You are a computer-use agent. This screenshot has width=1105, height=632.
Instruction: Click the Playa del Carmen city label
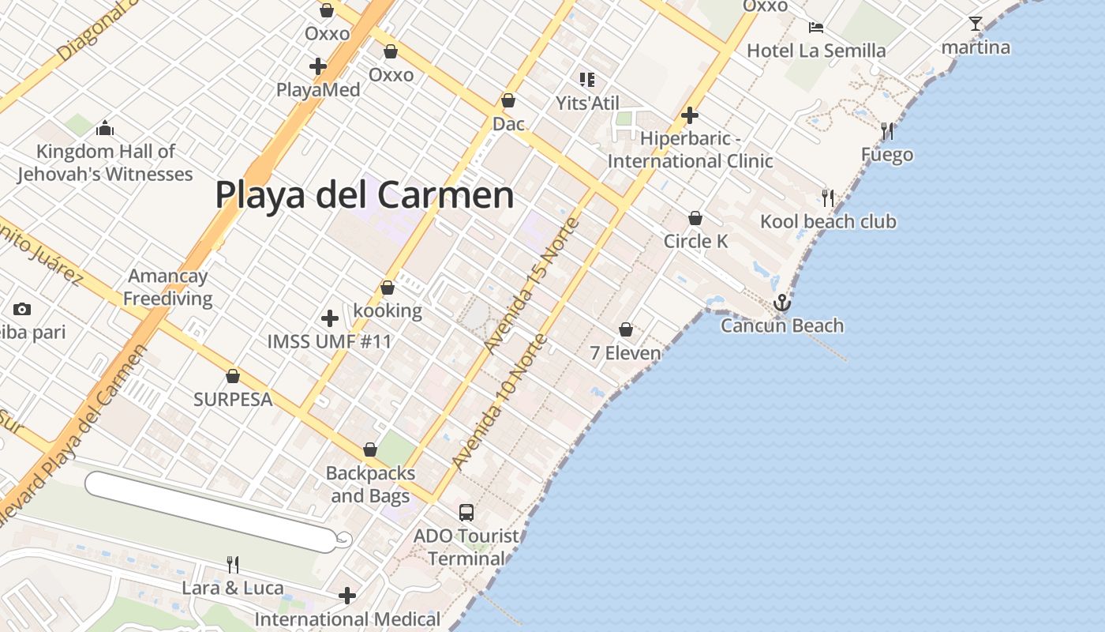pyautogui.click(x=364, y=195)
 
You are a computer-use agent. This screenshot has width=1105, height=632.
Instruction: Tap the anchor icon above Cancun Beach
pyautogui.click(x=781, y=303)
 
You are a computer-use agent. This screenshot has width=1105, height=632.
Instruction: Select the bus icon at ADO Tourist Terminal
pyautogui.click(x=466, y=512)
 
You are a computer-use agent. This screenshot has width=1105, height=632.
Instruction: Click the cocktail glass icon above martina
pyautogui.click(x=976, y=24)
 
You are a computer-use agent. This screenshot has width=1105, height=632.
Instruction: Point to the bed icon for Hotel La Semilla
pyautogui.click(x=816, y=28)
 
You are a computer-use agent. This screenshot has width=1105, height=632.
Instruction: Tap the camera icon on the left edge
pyautogui.click(x=22, y=309)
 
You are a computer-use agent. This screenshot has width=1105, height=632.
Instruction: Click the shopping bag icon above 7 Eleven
pyautogui.click(x=626, y=329)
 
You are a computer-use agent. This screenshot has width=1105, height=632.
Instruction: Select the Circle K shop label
pyautogui.click(x=695, y=241)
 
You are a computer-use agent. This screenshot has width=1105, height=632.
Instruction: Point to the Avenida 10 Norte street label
pyautogui.click(x=499, y=403)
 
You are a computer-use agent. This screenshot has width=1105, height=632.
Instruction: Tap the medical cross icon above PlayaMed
pyautogui.click(x=318, y=66)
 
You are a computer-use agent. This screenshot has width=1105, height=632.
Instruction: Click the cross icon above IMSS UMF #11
pyautogui.click(x=330, y=318)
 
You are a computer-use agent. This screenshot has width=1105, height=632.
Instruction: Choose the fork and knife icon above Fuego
pyautogui.click(x=888, y=130)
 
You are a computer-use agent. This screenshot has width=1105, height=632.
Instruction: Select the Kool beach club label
pyautogui.click(x=828, y=221)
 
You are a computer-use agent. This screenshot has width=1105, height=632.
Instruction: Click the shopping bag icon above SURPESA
pyautogui.click(x=233, y=376)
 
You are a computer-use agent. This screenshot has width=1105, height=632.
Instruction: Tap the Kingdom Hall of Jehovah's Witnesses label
pyautogui.click(x=105, y=163)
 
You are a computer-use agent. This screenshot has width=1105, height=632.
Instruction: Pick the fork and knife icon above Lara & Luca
pyautogui.click(x=233, y=564)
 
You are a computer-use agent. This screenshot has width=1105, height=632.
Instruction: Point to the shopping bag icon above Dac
pyautogui.click(x=508, y=101)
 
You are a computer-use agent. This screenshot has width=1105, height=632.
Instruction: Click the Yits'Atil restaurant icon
pyautogui.click(x=586, y=79)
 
